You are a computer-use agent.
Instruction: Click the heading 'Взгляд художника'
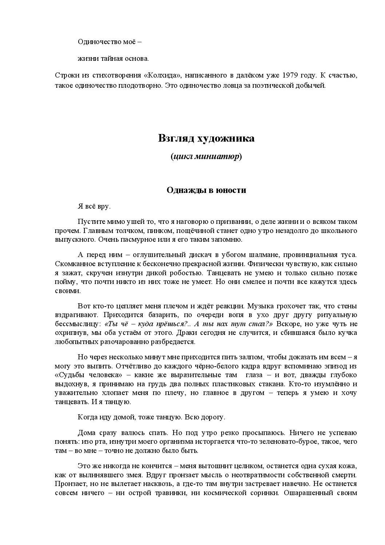click(206, 138)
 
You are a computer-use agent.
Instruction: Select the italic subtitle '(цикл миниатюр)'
click(206, 157)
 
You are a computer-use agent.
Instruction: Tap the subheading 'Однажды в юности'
click(206, 190)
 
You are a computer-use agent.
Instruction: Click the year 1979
click(289, 75)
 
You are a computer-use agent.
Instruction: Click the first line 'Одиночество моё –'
click(110, 42)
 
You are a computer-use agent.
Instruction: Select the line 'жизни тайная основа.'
click(113, 58)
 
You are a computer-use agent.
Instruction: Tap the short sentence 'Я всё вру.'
click(94, 206)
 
